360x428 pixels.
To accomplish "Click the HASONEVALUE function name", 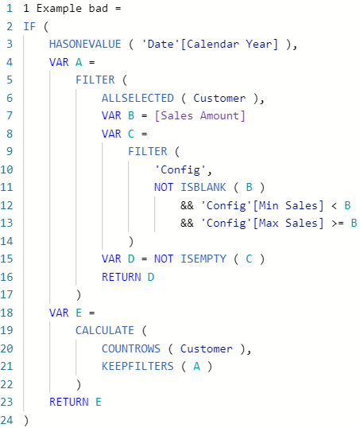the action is (85, 45).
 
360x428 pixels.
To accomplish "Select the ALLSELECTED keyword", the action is (137, 98).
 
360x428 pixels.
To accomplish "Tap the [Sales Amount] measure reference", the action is (200, 116).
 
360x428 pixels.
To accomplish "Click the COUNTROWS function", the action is (131, 348).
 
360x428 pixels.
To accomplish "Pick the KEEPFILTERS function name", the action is (137, 366).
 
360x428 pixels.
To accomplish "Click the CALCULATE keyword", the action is (105, 331).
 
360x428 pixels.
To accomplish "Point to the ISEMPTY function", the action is (203, 259).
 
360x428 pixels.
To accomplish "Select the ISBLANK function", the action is (203, 187).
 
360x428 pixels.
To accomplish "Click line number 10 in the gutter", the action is (7, 169).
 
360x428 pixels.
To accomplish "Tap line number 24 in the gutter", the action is (7, 420).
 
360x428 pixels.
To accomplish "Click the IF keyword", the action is (29, 26).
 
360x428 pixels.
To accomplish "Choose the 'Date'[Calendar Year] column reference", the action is (210, 45).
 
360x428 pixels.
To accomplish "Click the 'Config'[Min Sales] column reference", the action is (262, 205).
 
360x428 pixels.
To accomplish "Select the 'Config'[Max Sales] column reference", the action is (262, 224).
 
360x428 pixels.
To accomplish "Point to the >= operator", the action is (338, 224).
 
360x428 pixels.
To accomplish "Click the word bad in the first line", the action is (99, 9).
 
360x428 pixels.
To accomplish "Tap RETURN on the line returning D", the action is (122, 277).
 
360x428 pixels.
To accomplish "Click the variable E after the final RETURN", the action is (99, 402).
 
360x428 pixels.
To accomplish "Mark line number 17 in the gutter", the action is (7, 295).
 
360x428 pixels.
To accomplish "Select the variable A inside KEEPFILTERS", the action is (196, 366).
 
